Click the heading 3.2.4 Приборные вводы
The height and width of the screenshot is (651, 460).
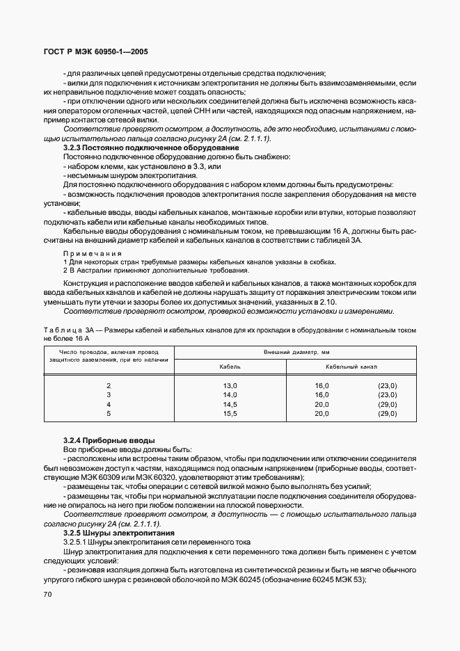point(109,441)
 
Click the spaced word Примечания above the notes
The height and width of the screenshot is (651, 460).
point(92,253)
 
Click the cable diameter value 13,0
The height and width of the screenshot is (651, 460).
point(230,385)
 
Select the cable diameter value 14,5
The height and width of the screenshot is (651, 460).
point(230,404)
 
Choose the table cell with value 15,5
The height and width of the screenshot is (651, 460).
point(230,413)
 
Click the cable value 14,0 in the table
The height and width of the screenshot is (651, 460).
point(230,394)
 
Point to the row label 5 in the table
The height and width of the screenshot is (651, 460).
point(109,413)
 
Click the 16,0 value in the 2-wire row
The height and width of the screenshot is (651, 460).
point(322,385)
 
